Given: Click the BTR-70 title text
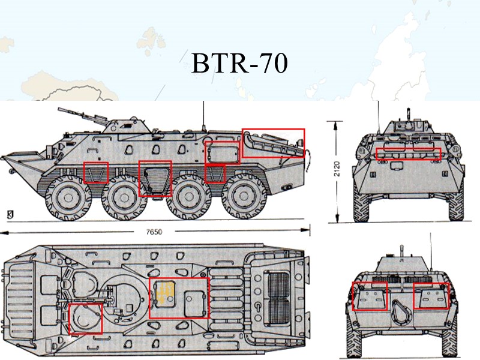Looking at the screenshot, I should pos(239,64).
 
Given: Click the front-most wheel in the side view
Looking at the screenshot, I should pos(65,198).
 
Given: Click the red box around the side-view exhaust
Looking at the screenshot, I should pos(273,143).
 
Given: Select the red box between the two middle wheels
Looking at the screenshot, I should pos(155,178).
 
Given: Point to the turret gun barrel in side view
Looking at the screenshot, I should pos(72,113).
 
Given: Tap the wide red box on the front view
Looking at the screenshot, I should pos(408,154).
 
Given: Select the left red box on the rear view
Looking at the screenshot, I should pos(370,296).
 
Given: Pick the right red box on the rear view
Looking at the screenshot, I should pos(431,296).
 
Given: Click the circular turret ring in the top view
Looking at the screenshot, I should pos(120,298).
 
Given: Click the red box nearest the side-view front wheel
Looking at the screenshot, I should pos(95,172).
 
